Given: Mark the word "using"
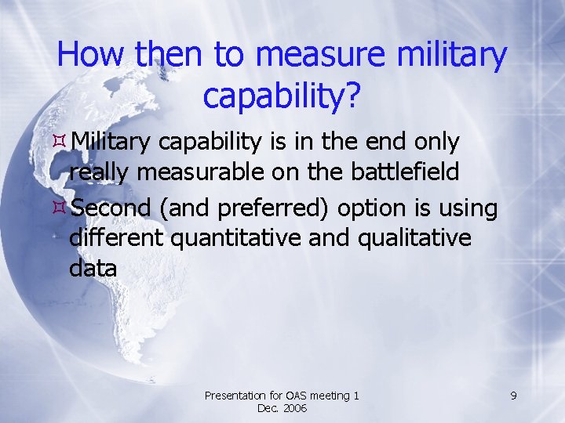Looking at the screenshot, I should (468, 209).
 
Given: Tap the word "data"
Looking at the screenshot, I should (93, 268).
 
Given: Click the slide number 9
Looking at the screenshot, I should (512, 396).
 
